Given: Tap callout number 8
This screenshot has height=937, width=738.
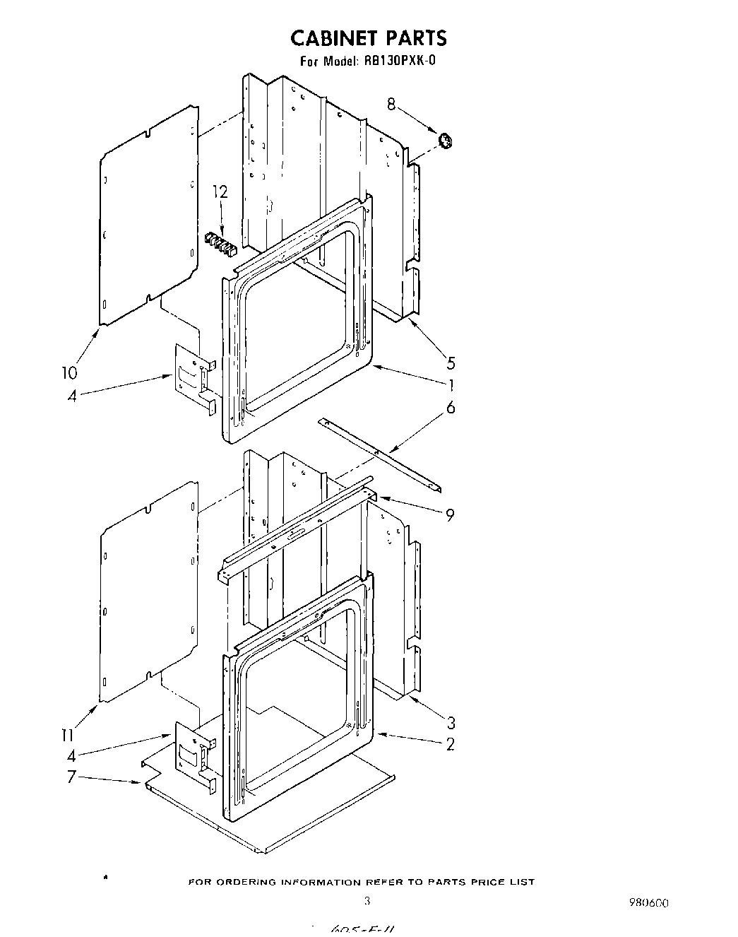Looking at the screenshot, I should pyautogui.click(x=391, y=104).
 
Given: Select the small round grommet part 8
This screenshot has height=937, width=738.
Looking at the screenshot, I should pyautogui.click(x=445, y=141).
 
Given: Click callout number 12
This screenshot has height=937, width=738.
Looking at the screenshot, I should pyautogui.click(x=220, y=192).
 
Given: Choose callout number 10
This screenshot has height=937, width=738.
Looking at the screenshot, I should pyautogui.click(x=69, y=373).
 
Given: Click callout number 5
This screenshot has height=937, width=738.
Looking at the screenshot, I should pyautogui.click(x=451, y=363).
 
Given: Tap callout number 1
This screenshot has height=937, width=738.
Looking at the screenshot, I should pyautogui.click(x=451, y=385).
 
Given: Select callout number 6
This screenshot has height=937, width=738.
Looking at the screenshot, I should pyautogui.click(x=451, y=408).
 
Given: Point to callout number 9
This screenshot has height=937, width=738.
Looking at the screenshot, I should pyautogui.click(x=450, y=514).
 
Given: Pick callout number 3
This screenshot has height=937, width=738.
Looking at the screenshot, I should pyautogui.click(x=451, y=723).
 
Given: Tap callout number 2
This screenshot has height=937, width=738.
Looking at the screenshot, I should pyautogui.click(x=451, y=744).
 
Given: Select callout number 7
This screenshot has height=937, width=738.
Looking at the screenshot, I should pyautogui.click(x=71, y=777).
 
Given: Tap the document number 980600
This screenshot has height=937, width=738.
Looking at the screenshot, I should pyautogui.click(x=649, y=903).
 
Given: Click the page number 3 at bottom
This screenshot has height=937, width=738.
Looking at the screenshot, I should pyautogui.click(x=367, y=901).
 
